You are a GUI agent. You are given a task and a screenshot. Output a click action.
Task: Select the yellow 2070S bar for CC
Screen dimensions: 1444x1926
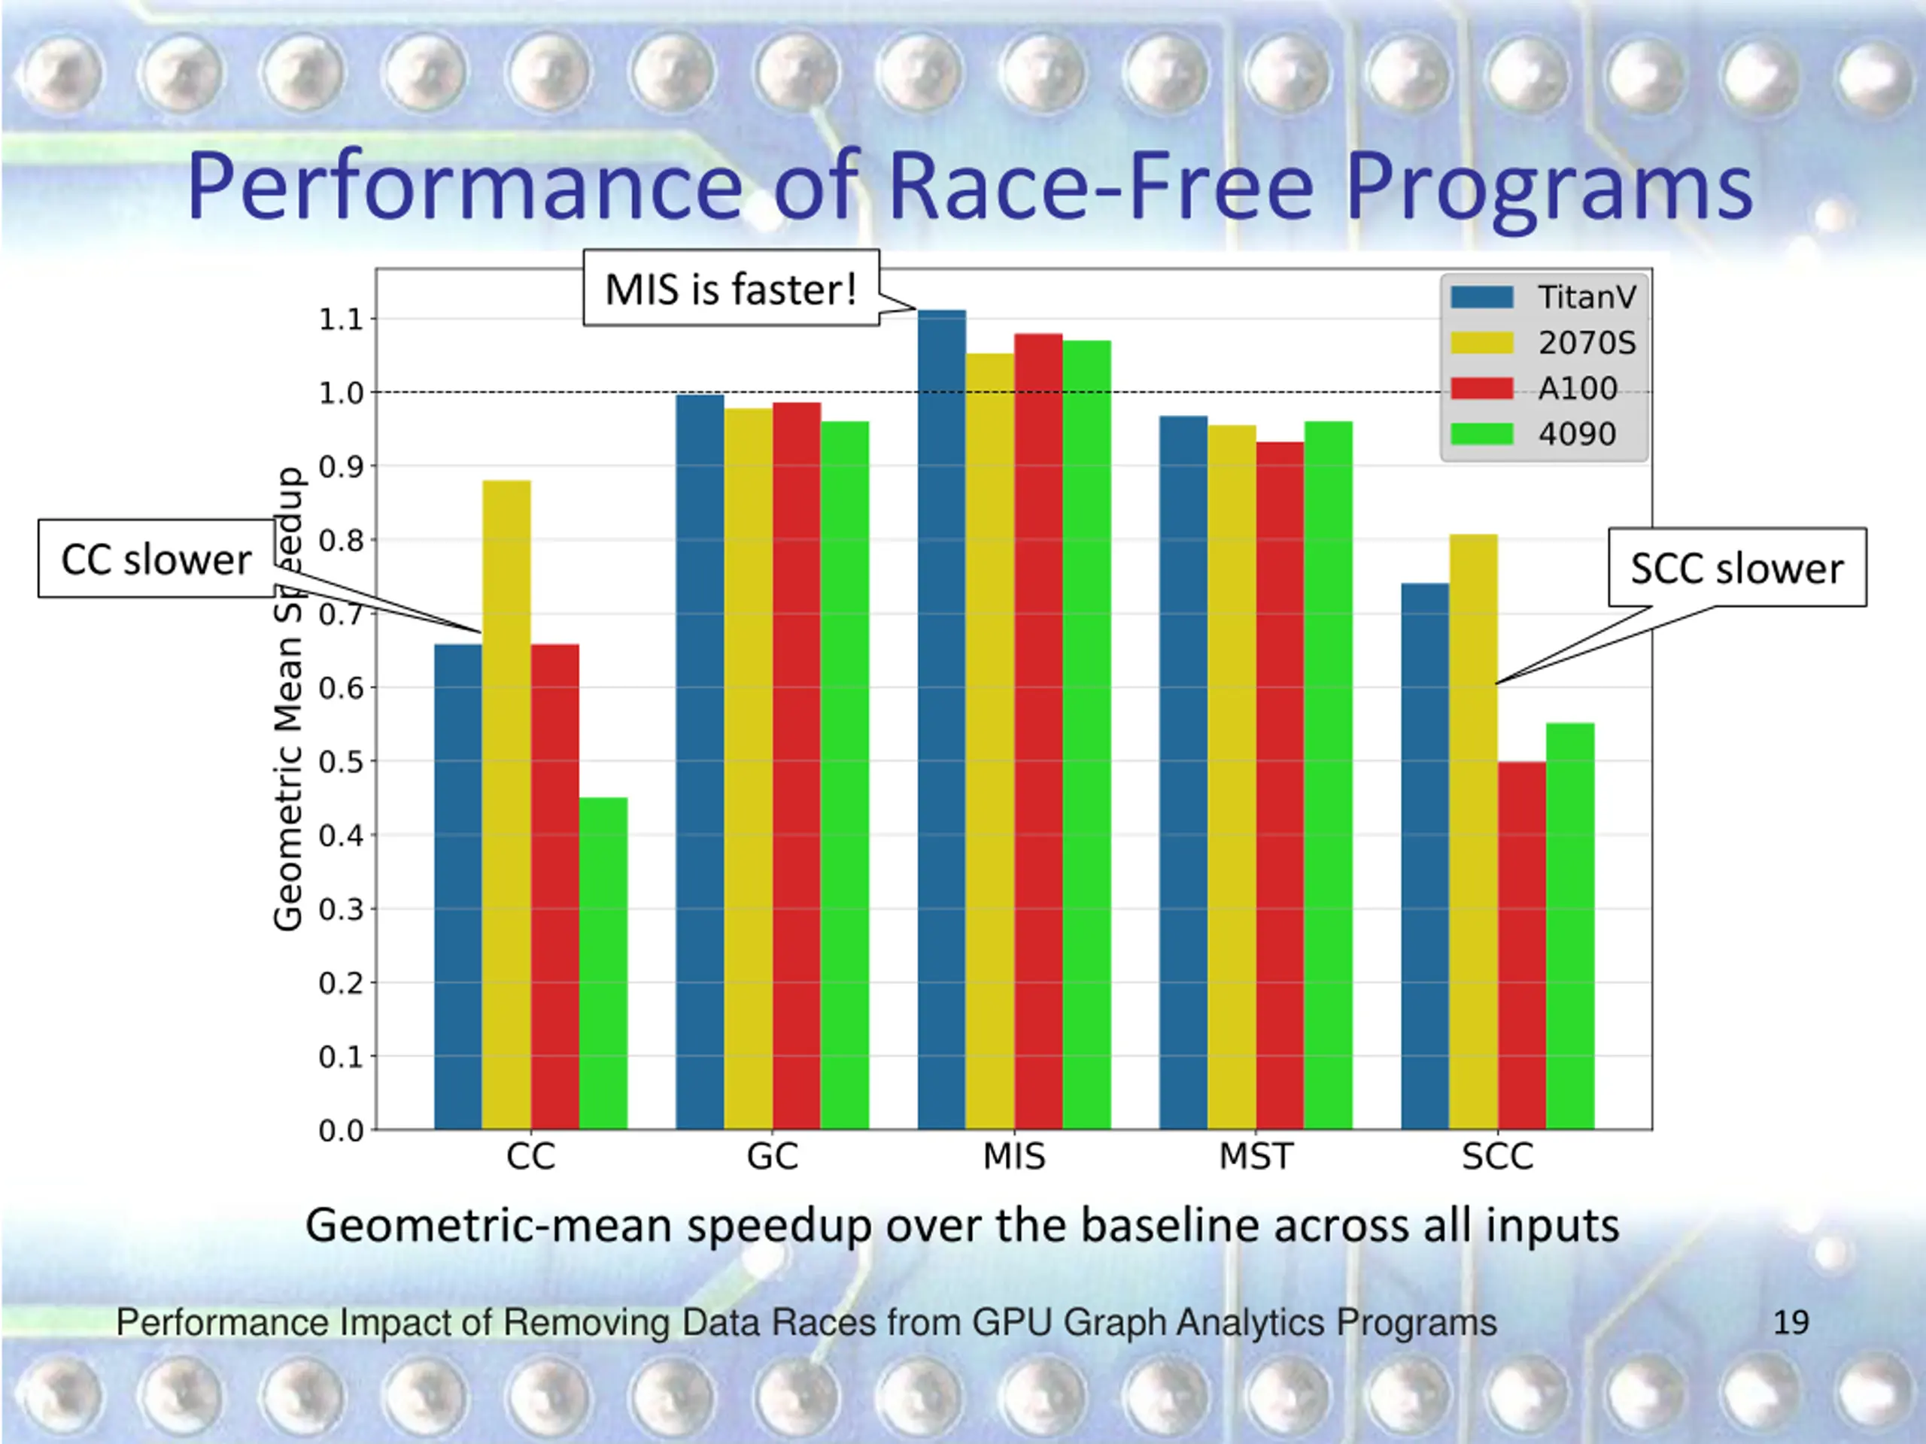(506, 805)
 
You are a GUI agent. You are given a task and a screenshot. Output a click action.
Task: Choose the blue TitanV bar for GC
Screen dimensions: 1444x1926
(699, 763)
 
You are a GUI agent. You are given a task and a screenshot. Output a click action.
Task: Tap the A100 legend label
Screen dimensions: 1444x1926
(1577, 388)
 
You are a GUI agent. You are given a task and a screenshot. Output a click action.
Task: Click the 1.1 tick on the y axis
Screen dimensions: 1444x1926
(341, 320)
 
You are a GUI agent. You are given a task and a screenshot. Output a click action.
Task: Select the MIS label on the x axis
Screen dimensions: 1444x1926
(1013, 1157)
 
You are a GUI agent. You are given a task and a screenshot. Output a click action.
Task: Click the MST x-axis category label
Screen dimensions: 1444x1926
(1256, 1157)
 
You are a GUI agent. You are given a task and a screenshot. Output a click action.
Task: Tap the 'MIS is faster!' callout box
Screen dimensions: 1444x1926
(731, 289)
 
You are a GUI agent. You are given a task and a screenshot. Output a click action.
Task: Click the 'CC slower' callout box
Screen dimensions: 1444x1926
(156, 559)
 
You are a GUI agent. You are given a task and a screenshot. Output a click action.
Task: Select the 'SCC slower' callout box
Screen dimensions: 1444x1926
(1736, 568)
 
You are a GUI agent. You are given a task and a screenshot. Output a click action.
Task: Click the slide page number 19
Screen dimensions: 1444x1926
(1790, 1322)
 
